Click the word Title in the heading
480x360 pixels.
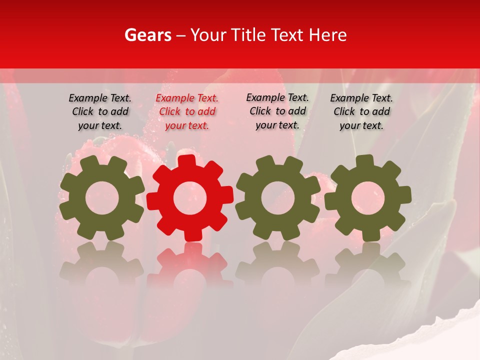(249, 35)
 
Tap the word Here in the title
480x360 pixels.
(327, 35)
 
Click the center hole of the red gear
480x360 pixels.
(190, 198)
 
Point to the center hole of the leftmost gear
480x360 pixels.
(102, 198)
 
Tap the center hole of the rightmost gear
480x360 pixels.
(368, 198)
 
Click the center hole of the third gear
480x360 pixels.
(278, 197)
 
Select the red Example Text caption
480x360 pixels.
(187, 112)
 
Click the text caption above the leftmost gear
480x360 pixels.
(100, 112)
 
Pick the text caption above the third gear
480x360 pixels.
(277, 111)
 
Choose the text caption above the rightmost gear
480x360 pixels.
(361, 112)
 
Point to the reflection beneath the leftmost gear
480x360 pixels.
(102, 265)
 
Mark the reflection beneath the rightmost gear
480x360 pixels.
(368, 265)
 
